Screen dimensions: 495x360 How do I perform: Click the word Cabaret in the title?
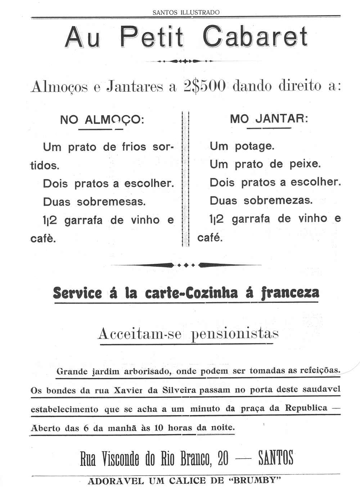pyautogui.click(x=255, y=37)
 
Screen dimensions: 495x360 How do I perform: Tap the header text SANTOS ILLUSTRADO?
pyautogui.click(x=186, y=12)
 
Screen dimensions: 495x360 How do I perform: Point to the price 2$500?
pyautogui.click(x=204, y=86)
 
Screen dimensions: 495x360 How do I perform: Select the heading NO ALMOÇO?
pyautogui.click(x=102, y=119)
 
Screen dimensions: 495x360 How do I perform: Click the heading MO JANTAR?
pyautogui.click(x=269, y=119)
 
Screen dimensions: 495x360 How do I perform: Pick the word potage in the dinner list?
pyautogui.click(x=254, y=146)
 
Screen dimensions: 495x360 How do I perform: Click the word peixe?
pyautogui.click(x=305, y=164)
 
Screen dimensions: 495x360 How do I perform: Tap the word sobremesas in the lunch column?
pyautogui.click(x=111, y=202)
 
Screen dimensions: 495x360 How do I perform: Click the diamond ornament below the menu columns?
pyautogui.click(x=186, y=265)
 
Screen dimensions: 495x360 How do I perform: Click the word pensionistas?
pyautogui.click(x=235, y=334)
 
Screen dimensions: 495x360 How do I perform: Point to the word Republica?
pyautogui.click(x=306, y=408)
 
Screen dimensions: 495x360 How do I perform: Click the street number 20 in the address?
pyautogui.click(x=223, y=458)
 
